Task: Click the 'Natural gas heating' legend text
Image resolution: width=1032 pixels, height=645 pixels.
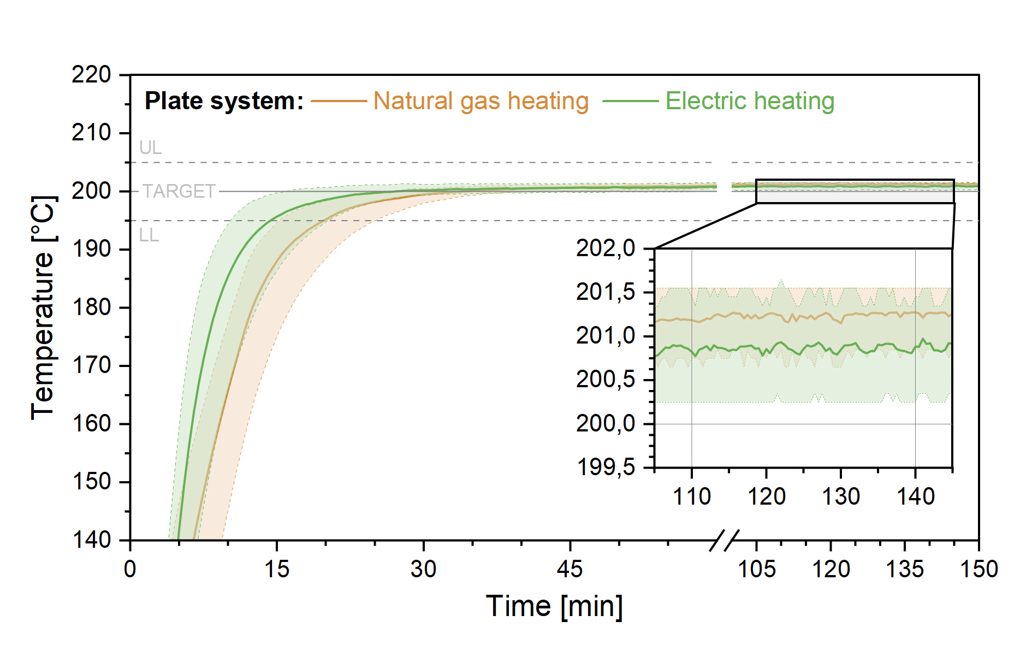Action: [481, 102]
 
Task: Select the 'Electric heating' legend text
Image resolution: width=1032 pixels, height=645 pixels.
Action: [750, 102]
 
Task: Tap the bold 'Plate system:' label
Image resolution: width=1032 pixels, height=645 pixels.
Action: [224, 102]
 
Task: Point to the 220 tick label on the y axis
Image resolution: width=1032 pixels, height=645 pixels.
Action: [91, 75]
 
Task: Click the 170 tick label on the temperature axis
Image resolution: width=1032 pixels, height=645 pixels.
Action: [91, 365]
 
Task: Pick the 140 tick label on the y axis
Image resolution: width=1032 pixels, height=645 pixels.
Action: [91, 540]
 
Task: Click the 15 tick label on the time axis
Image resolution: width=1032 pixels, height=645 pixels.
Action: [276, 570]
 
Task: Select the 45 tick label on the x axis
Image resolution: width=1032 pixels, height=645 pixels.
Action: [570, 570]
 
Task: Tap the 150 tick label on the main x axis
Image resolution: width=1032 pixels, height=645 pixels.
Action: [978, 570]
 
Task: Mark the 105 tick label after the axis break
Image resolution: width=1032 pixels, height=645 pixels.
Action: [756, 570]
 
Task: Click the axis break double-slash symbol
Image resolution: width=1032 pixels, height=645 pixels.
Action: [724, 540]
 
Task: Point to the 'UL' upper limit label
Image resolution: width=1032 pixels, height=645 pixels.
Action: [150, 148]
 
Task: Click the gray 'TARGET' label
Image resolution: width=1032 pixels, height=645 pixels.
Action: [179, 192]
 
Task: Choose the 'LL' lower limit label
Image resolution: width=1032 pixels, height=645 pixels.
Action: [149, 235]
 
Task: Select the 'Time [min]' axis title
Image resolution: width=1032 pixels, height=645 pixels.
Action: [554, 606]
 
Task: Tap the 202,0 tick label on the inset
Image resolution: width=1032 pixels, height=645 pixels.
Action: [606, 248]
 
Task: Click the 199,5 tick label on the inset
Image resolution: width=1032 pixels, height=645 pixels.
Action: [606, 468]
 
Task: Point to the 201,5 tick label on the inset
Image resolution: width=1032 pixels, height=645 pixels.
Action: [606, 292]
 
